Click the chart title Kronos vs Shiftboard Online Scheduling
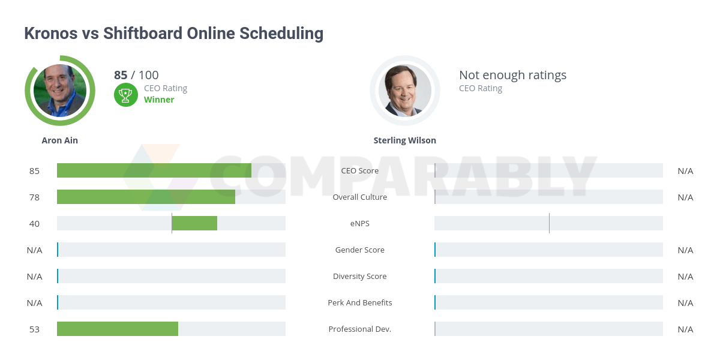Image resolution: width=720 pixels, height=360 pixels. coord(173,34)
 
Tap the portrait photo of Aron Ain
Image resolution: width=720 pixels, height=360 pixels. coord(60,91)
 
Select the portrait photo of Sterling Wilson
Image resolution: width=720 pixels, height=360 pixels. coord(405,91)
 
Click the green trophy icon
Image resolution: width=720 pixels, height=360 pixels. coord(125,94)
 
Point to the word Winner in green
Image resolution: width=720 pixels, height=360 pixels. coord(159,100)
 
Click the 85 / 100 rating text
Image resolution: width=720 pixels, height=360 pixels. coord(136,75)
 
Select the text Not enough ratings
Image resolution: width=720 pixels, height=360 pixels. coord(512,75)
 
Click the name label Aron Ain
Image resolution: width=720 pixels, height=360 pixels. coord(60,140)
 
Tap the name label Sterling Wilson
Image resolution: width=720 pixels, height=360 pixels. coord(405,140)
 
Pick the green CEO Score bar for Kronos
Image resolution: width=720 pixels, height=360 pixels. coord(154,170)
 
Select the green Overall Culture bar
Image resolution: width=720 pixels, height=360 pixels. coord(146,197)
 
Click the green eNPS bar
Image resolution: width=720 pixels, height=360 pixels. coord(194,223)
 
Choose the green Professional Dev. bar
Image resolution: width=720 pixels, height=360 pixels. coord(118,329)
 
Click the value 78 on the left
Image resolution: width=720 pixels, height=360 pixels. coord(34,197)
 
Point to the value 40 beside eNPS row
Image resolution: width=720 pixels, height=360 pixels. coord(34,223)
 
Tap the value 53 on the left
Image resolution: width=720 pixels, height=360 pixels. coord(34,329)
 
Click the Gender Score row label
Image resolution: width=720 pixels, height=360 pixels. coord(360,250)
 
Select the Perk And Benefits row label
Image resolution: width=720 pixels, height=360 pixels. coord(360,302)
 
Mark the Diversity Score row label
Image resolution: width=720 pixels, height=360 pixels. coord(360,276)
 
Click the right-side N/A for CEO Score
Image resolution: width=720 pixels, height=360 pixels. coord(685,170)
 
